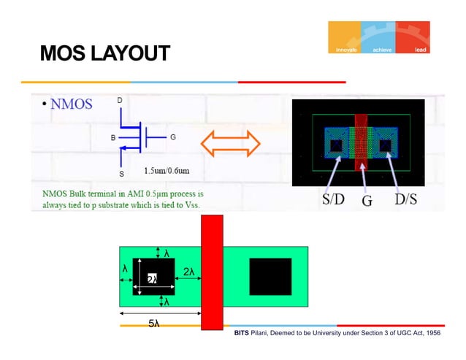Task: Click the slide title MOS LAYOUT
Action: click(x=104, y=53)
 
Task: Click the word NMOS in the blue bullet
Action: click(x=71, y=104)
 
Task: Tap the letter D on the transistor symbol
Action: click(x=120, y=99)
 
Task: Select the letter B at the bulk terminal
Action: click(x=112, y=137)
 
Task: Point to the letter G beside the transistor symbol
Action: click(x=172, y=137)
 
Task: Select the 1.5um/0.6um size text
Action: click(x=167, y=171)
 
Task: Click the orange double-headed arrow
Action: click(x=231, y=143)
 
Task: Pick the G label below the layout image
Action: click(x=367, y=200)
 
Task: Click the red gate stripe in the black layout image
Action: click(x=363, y=142)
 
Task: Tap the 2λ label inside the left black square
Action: click(x=153, y=279)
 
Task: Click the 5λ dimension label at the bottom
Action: click(x=154, y=323)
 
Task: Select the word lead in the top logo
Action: click(x=420, y=50)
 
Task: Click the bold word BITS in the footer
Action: click(x=242, y=333)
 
